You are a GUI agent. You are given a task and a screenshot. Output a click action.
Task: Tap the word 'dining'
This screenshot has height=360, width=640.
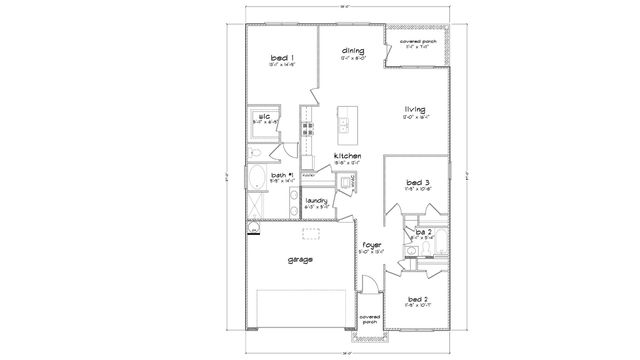click(x=352, y=50)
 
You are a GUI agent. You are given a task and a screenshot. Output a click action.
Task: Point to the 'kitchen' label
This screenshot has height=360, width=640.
click(x=348, y=156)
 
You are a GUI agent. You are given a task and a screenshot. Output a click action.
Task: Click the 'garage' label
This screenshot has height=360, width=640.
click(x=299, y=258)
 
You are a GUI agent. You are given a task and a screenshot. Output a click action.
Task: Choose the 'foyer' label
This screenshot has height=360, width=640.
click(x=371, y=243)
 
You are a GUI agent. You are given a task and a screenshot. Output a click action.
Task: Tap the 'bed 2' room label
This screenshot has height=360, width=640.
click(x=418, y=300)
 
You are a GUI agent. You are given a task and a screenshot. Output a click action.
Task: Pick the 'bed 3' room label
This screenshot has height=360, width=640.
click(x=418, y=182)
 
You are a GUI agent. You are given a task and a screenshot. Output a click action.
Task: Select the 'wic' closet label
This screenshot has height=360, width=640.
click(x=265, y=117)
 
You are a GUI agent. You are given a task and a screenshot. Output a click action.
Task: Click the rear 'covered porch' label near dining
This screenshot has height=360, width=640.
click(x=420, y=42)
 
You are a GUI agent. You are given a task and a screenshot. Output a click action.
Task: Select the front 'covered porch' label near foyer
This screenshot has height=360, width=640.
click(x=370, y=319)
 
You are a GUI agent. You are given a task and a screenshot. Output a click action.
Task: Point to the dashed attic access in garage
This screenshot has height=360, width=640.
click(x=312, y=234)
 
